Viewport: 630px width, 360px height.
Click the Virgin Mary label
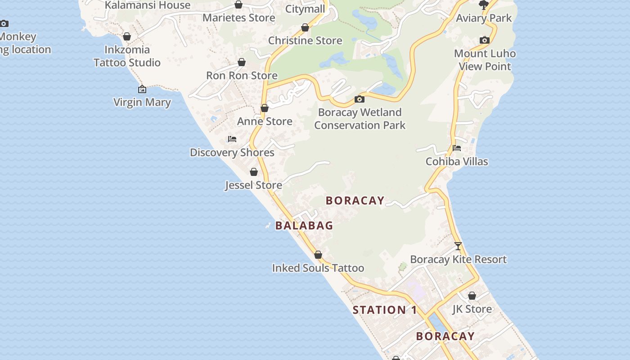(142, 102)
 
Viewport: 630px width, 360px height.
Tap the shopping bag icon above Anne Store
(265, 108)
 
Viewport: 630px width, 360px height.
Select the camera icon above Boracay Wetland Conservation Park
(359, 99)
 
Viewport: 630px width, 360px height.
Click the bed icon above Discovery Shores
(232, 139)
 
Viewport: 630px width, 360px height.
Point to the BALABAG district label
(304, 225)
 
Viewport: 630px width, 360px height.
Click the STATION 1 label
(385, 310)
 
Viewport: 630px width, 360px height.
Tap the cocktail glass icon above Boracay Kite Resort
(458, 246)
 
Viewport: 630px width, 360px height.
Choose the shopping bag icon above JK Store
(472, 296)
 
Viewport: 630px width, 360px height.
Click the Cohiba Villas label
(457, 161)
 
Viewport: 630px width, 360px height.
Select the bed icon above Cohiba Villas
(457, 148)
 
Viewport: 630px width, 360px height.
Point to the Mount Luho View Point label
(485, 60)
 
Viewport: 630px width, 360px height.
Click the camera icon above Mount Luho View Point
(485, 40)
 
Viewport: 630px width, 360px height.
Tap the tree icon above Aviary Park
(484, 5)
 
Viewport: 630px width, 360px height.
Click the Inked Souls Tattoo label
(318, 268)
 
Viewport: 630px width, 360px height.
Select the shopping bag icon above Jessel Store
(254, 172)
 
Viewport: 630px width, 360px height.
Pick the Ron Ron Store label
(242, 75)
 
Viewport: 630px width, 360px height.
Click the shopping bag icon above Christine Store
(305, 27)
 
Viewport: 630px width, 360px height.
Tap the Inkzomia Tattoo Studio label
(127, 56)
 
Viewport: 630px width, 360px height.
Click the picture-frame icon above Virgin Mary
(142, 89)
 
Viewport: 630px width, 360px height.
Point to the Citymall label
(305, 9)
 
